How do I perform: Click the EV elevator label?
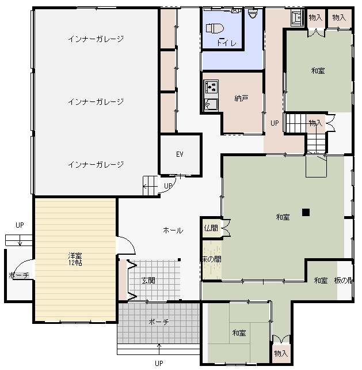point(180,154)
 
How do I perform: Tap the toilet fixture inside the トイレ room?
point(215,28)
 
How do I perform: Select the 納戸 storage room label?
point(241,98)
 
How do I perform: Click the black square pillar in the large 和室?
point(306,212)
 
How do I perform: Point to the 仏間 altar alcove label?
point(211,228)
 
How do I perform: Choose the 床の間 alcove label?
point(212,259)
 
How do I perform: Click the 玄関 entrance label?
point(148,280)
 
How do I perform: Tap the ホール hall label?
point(173,231)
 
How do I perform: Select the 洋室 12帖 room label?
point(75,259)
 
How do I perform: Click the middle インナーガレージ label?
point(96,101)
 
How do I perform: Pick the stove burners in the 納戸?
point(211,86)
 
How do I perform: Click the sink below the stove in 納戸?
point(211,104)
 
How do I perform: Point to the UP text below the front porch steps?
point(159,363)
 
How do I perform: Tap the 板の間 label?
point(344,280)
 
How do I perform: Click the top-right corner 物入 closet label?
point(339,17)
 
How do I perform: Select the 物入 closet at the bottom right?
point(281,353)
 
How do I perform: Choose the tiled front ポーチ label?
point(159,322)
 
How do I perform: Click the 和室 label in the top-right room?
point(318,70)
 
